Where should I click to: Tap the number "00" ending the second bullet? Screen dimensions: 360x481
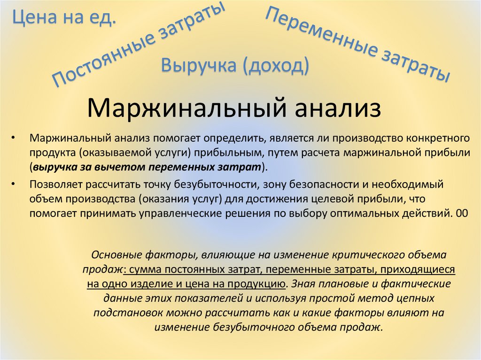(461, 213)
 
